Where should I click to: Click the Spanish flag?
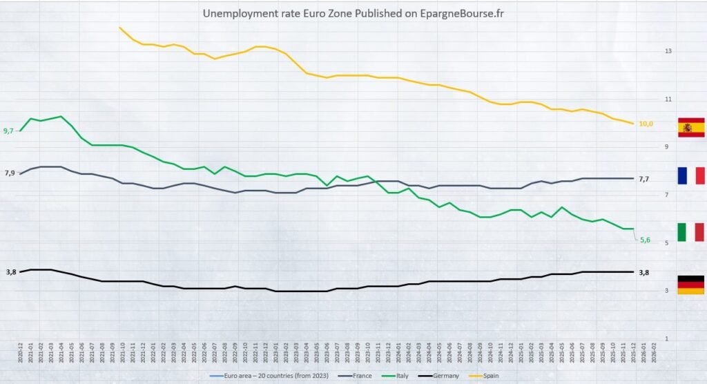tap(690, 128)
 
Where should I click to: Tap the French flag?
tap(690, 176)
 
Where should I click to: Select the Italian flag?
tap(690, 232)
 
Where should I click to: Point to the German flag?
tap(690, 285)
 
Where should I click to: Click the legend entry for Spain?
tap(502, 376)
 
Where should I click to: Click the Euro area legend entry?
tap(263, 376)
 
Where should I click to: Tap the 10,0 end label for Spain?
tap(646, 124)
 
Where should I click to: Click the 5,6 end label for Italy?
tap(646, 240)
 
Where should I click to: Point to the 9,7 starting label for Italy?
tap(9, 131)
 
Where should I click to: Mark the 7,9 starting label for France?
tap(9, 173)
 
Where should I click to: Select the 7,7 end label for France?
tap(643, 180)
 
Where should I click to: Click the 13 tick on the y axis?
tap(667, 51)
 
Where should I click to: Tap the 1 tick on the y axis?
tap(667, 338)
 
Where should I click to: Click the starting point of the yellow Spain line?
tap(120, 28)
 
